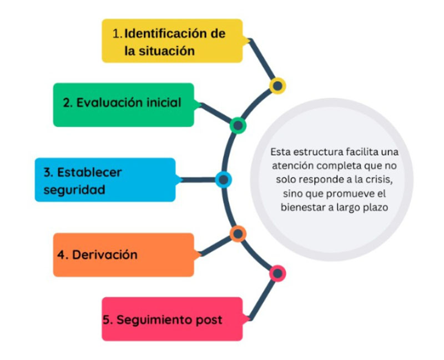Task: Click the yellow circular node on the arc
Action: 277,86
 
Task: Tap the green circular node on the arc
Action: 238,126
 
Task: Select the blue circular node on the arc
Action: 224,179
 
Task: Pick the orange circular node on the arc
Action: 238,234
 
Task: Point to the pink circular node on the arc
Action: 277,273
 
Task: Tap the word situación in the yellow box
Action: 167,51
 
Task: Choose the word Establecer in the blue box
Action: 89,172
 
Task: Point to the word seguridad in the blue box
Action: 74,190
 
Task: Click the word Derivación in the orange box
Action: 105,254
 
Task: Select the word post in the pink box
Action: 209,321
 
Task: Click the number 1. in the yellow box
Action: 118,33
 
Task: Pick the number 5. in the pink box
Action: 108,320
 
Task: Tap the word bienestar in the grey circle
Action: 303,207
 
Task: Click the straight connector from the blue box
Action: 198,179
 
